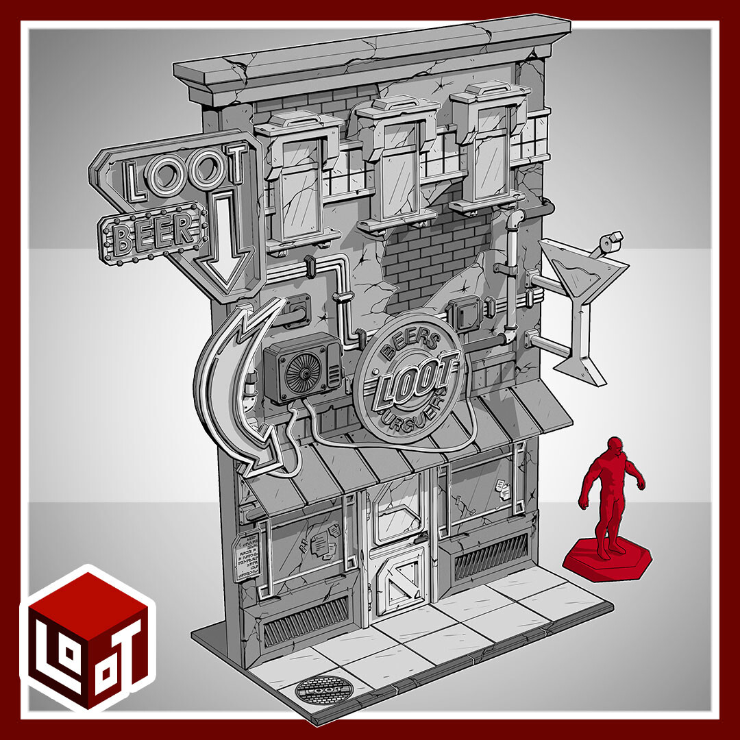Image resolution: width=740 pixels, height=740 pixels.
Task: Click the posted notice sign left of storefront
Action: coord(245,555)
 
